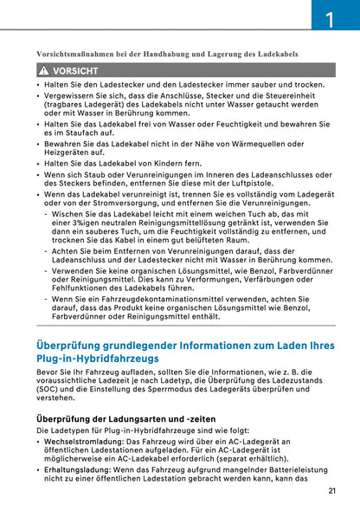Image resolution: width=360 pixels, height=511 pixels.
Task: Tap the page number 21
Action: click(333, 491)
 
